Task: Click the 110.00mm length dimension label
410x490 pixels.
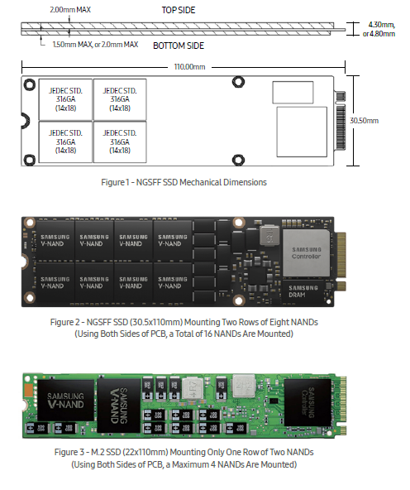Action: point(189,67)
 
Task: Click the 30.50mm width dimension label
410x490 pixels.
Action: point(364,121)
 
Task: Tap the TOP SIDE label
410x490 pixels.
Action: point(179,10)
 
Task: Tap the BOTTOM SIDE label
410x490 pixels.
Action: point(179,46)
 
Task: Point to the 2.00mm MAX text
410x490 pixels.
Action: point(70,10)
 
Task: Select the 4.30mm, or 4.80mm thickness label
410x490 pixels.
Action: point(379,29)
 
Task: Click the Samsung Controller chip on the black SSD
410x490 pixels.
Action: point(306,252)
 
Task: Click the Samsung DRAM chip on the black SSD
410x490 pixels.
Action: point(303,291)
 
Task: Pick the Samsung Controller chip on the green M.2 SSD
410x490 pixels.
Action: point(307,402)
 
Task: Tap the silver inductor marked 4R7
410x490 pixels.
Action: point(193,388)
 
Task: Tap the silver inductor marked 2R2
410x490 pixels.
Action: point(244,387)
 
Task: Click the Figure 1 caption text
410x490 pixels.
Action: point(184,182)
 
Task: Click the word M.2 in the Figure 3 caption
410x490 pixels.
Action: point(98,452)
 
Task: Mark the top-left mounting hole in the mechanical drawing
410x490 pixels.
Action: point(29,84)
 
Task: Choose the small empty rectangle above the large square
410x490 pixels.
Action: point(293,92)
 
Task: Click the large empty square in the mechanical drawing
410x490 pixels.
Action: point(302,132)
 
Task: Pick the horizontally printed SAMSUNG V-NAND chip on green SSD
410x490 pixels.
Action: point(65,401)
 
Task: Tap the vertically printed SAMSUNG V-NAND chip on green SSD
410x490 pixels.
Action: point(119,406)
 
